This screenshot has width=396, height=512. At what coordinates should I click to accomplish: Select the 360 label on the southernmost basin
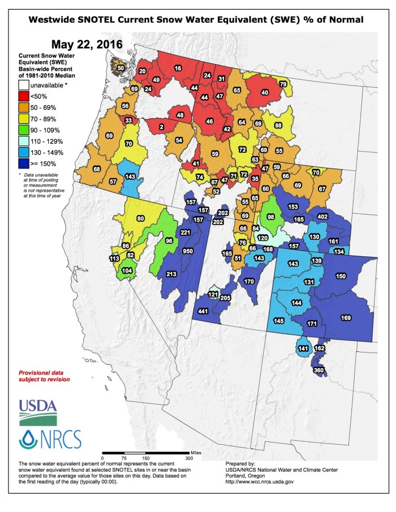point(318,369)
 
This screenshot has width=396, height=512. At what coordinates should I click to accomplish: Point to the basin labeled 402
point(323,217)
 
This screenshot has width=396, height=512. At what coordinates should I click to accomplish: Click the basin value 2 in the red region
point(161,128)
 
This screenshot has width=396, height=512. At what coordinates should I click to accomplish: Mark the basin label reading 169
point(346,317)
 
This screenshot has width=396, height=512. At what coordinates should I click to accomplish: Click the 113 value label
point(114,259)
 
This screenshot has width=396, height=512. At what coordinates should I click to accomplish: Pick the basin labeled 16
point(178,68)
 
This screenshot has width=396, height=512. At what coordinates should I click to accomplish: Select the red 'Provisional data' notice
point(44,376)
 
